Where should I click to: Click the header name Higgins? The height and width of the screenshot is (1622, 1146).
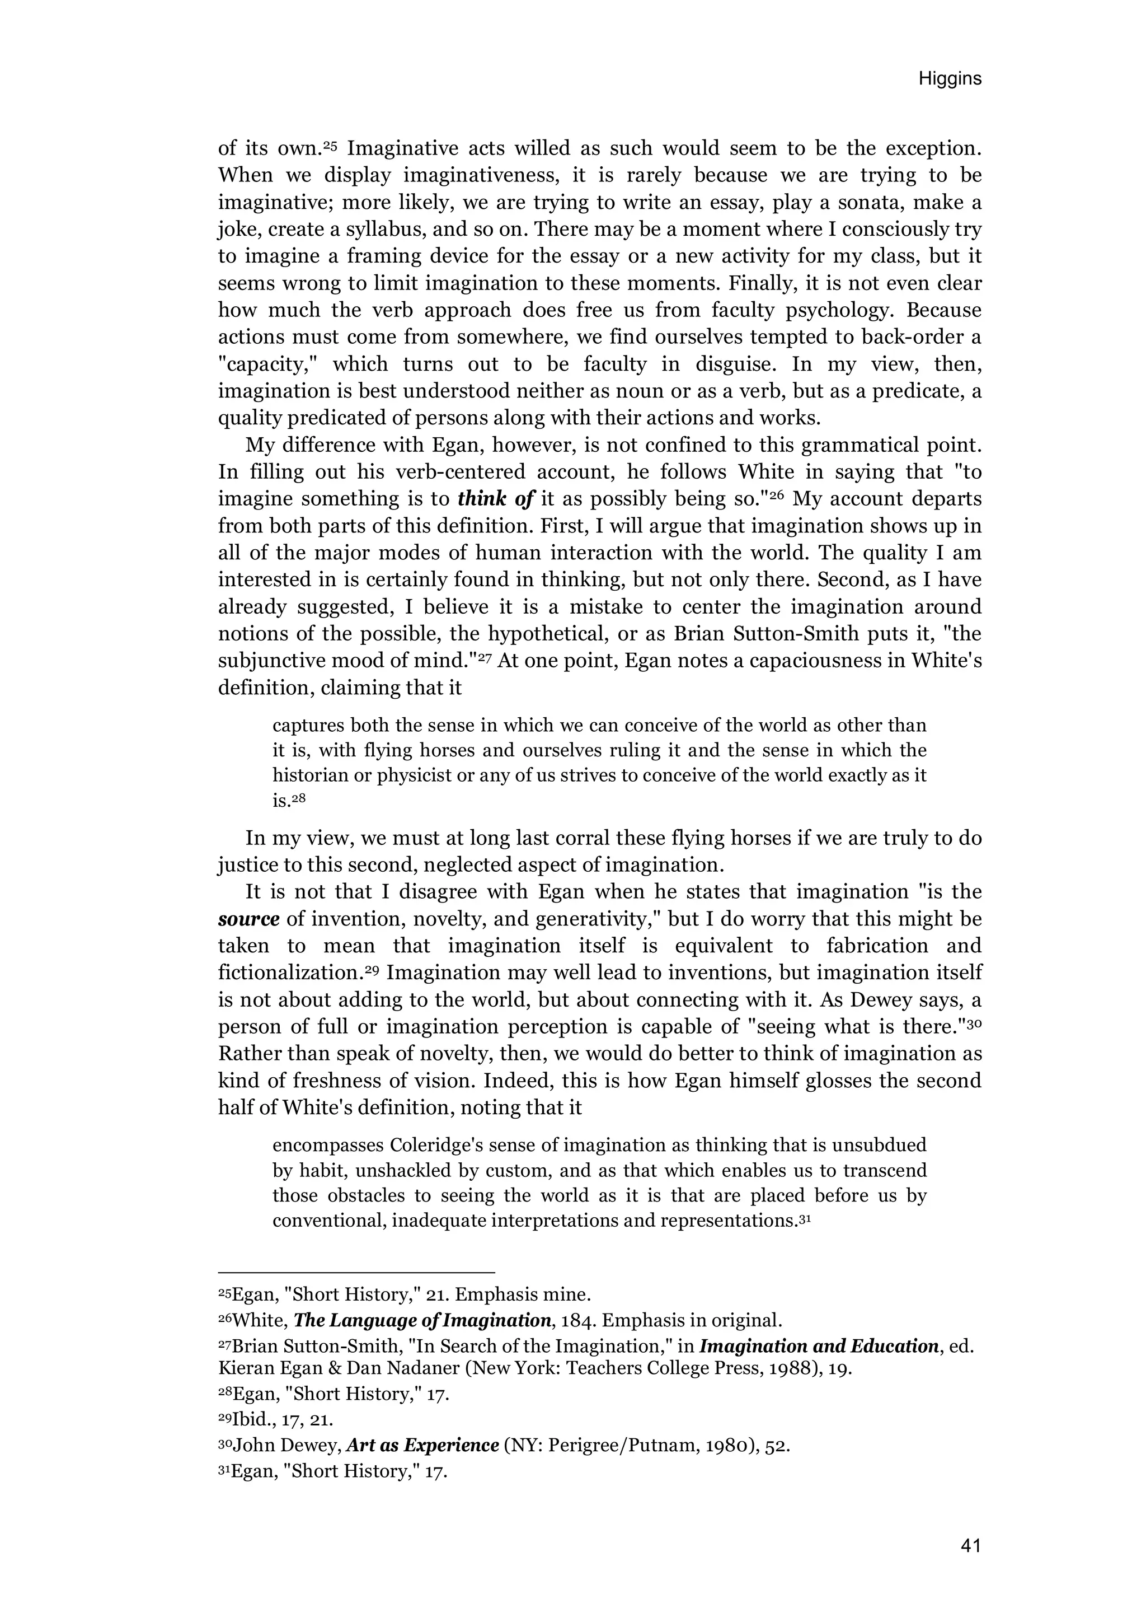(949, 79)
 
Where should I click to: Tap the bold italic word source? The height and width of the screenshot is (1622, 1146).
(248, 919)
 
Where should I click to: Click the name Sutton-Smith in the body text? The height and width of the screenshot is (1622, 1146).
(793, 634)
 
